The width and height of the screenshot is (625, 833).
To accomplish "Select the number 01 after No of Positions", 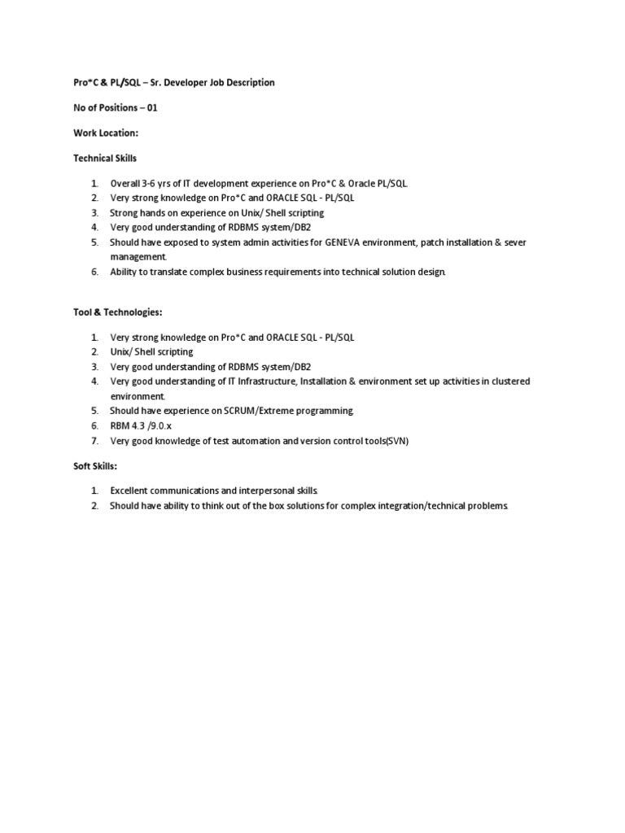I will [151, 107].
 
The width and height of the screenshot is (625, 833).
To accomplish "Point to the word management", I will [137, 256].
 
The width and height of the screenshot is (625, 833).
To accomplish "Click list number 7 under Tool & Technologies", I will [94, 440].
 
